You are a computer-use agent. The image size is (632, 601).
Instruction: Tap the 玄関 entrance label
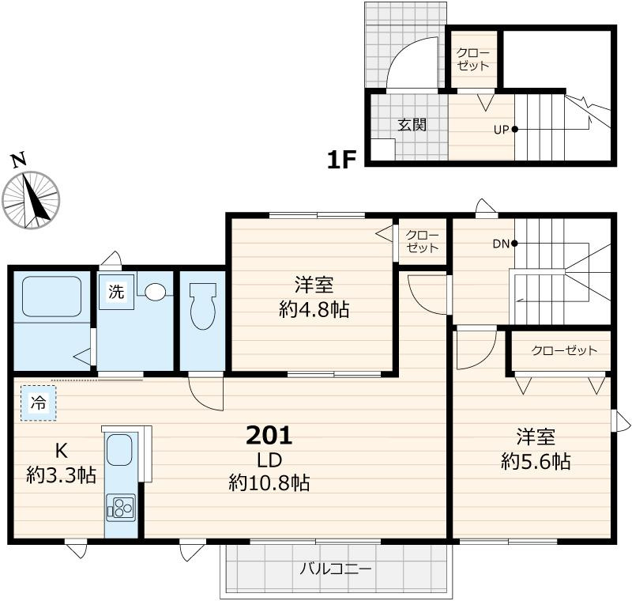click(412, 125)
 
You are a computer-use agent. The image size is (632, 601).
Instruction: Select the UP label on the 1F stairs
click(502, 130)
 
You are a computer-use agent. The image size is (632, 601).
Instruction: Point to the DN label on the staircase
click(501, 244)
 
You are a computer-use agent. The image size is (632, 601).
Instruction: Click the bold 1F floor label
click(341, 160)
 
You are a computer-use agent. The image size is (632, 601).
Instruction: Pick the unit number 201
click(269, 436)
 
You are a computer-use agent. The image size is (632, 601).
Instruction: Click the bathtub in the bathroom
click(52, 297)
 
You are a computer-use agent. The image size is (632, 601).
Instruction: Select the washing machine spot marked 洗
click(116, 292)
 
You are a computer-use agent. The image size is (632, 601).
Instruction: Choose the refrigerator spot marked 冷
click(39, 403)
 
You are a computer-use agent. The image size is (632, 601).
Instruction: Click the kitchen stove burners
click(121, 508)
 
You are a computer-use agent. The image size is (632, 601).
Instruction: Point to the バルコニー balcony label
click(335, 569)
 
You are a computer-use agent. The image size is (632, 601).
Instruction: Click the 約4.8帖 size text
click(314, 310)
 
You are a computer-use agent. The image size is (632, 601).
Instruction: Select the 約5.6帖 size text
click(536, 461)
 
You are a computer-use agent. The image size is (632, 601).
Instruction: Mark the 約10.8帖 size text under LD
click(269, 482)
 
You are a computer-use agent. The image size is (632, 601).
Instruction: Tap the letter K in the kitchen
click(62, 451)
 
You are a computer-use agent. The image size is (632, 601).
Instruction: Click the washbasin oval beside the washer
click(155, 292)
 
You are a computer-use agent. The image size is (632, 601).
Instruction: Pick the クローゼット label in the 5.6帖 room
click(564, 350)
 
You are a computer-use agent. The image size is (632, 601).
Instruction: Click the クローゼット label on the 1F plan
click(473, 59)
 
